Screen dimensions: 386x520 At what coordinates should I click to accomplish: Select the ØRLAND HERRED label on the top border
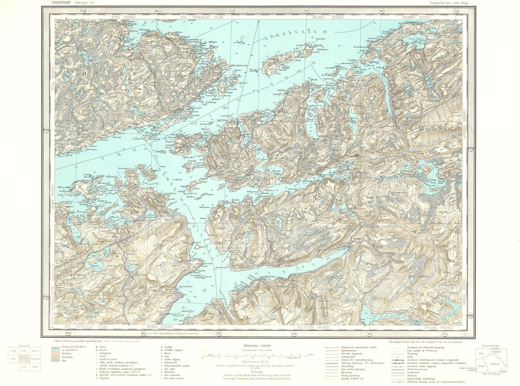pos(333,17)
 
